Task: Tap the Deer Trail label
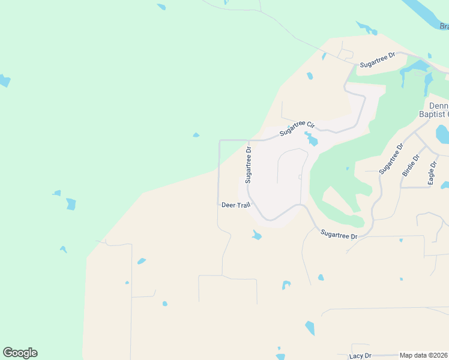[x=235, y=205]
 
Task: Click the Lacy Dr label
[x=360, y=356]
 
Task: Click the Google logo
[x=20, y=353]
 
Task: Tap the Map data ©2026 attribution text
[x=424, y=355]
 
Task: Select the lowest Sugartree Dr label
[x=339, y=234]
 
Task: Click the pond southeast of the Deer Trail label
[x=257, y=235]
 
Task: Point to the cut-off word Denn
[x=439, y=104]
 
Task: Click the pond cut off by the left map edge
[x=4, y=80]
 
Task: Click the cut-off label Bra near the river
[x=444, y=26]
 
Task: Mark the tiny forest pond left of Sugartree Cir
[x=196, y=135]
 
